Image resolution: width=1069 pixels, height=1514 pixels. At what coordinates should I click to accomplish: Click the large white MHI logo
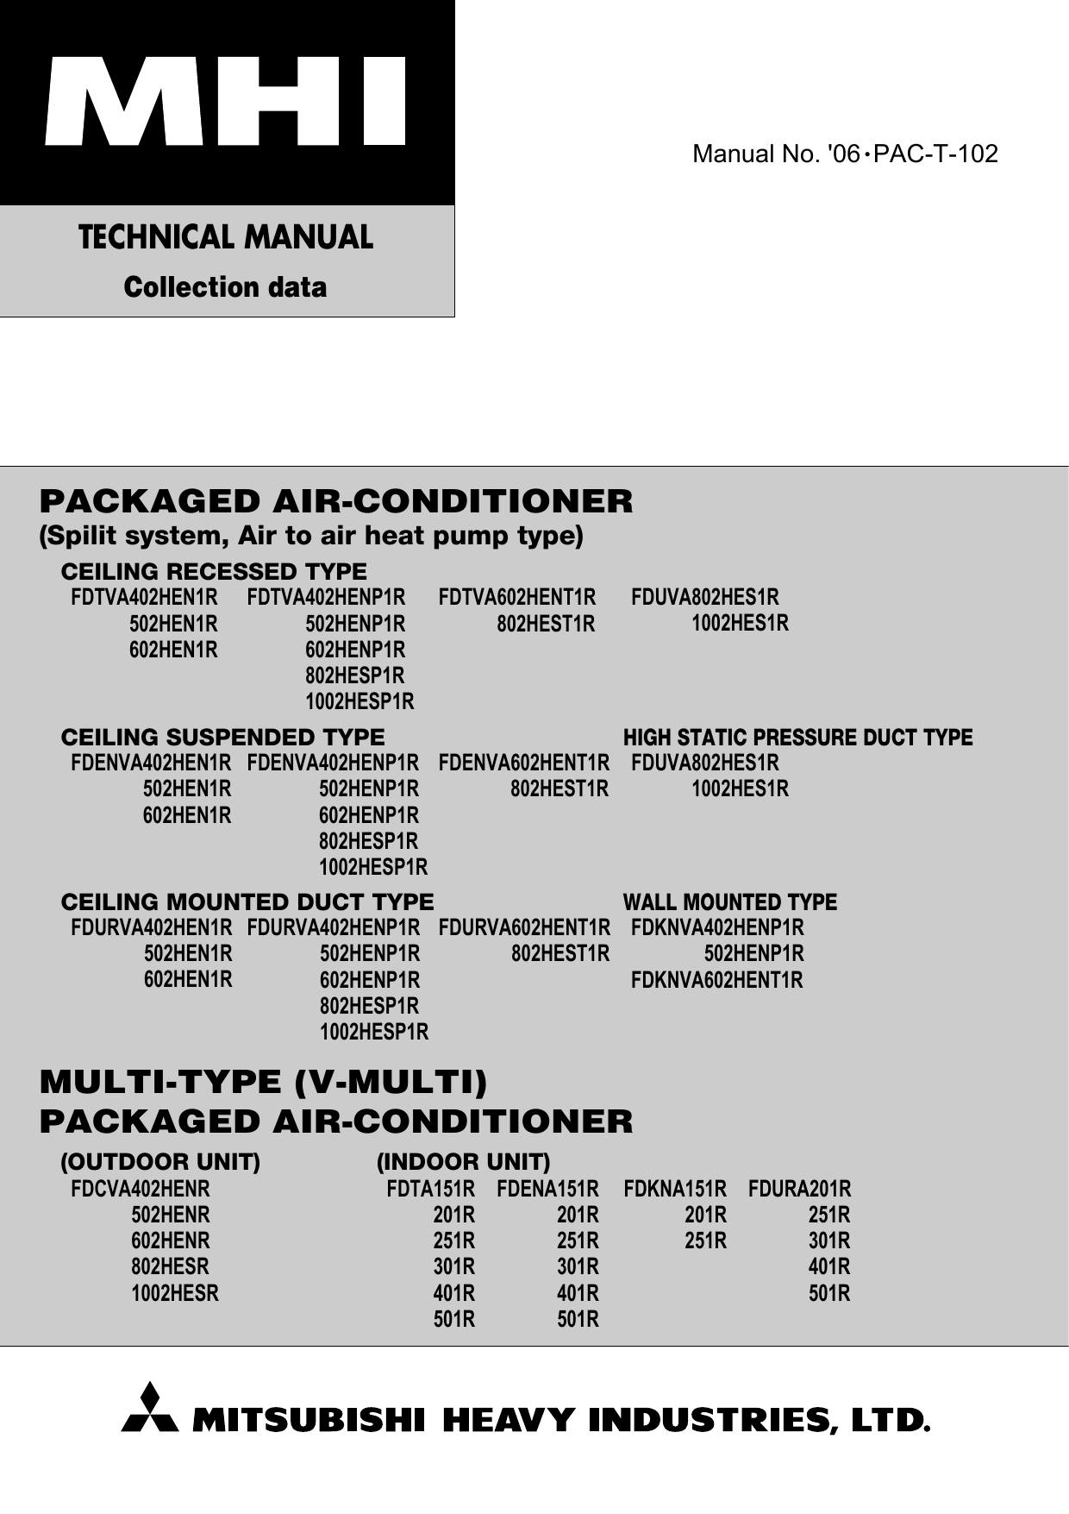[226, 101]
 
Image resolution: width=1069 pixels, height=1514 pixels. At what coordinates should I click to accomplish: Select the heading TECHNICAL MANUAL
[226, 237]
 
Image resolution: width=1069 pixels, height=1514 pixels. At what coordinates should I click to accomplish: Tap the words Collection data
[226, 287]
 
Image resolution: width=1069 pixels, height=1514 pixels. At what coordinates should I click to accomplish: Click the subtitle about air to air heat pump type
[311, 536]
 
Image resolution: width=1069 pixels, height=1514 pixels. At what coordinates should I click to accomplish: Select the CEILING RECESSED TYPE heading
[214, 571]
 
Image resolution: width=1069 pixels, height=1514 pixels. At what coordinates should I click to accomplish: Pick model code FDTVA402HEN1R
[144, 597]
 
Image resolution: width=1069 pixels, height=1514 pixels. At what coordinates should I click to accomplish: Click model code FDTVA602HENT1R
[516, 597]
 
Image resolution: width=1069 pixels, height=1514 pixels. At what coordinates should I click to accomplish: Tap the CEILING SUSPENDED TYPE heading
[222, 737]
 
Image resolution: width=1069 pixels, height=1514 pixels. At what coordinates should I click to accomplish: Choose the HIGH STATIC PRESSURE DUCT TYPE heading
[797, 738]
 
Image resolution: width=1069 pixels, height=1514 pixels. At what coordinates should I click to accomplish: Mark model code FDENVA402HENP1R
[333, 763]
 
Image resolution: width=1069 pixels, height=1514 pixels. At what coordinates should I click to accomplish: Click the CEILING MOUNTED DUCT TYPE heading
[247, 902]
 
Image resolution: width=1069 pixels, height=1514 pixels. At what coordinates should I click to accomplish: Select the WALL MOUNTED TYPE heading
[729, 902]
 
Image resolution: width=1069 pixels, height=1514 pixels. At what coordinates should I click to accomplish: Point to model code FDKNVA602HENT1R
[716, 980]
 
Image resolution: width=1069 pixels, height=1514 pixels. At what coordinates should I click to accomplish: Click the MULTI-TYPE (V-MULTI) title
[264, 1082]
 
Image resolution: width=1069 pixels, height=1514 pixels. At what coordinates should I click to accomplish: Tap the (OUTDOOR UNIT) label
[159, 1162]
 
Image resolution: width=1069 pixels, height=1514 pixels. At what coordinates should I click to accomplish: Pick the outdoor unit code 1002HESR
[174, 1293]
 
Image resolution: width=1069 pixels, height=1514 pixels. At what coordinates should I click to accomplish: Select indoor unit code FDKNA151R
[674, 1189]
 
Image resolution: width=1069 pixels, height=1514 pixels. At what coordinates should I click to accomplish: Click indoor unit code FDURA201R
[799, 1189]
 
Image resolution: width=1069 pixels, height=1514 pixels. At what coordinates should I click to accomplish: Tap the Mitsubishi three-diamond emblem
[150, 1409]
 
